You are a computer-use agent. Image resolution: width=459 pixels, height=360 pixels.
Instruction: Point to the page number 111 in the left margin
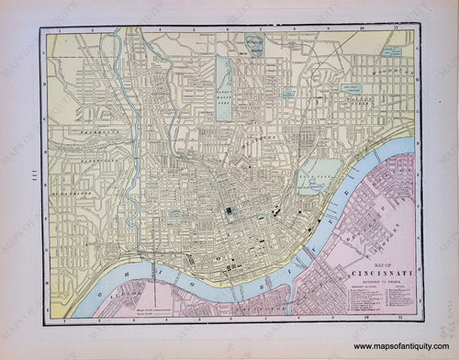(20, 179)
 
